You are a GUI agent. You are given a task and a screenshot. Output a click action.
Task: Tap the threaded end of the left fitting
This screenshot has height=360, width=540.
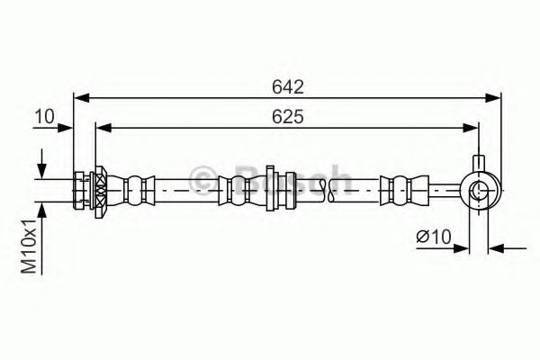[x=80, y=190]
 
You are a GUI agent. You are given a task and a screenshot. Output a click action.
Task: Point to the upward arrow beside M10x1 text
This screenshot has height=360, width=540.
[x=41, y=211]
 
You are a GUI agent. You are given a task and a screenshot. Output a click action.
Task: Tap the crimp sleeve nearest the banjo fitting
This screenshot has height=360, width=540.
[x=397, y=190]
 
